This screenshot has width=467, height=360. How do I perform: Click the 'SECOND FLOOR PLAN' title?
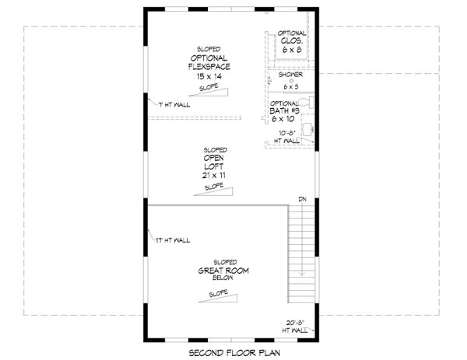[233, 352]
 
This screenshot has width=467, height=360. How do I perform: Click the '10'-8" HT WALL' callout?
[290, 138]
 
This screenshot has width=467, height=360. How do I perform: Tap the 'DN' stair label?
[303, 201]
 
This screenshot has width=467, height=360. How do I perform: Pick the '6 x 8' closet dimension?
[292, 48]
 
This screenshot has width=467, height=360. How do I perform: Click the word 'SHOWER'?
[291, 75]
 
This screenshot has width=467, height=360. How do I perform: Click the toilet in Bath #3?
[310, 102]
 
